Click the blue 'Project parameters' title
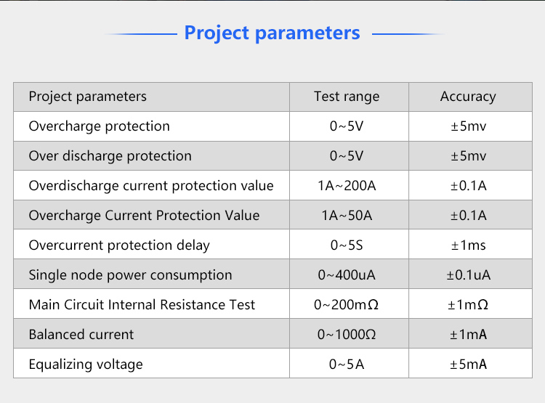coord(272,33)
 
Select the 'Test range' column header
coord(347,97)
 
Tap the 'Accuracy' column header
coord(468,97)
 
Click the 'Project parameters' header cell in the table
coord(88,97)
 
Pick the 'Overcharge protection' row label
coord(99,126)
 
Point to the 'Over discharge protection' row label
coord(110,156)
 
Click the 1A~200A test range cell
coord(347,185)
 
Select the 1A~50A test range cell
coord(347,216)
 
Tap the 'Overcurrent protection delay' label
coord(119,245)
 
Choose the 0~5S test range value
coord(347,245)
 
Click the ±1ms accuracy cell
coord(468,245)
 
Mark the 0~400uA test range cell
coord(347,274)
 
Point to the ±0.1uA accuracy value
coord(468,274)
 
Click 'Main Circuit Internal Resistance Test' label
coord(142,305)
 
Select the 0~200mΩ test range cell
coord(346,305)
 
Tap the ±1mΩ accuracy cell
coord(468,305)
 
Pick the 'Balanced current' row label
coord(81,335)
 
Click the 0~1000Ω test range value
coord(347,335)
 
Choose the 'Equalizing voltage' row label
coord(86,365)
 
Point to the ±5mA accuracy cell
coord(468,365)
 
